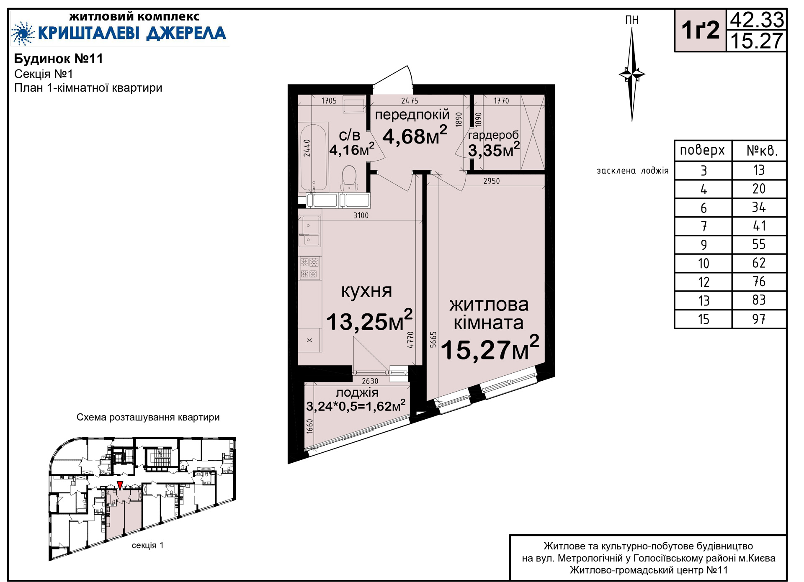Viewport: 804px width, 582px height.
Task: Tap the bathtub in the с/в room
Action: (314, 157)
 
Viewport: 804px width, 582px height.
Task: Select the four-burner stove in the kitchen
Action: (310, 268)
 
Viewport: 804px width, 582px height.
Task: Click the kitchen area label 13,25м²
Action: (369, 320)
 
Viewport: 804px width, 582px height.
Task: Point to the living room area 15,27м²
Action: (490, 349)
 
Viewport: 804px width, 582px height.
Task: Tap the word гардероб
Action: (493, 135)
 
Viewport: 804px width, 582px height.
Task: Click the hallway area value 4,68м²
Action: (415, 135)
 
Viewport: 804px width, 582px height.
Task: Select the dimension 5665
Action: (433, 339)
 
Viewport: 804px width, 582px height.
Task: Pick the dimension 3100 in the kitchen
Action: (361, 215)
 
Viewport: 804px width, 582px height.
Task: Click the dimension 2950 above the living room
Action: (492, 181)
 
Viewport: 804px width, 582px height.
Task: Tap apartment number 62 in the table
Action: (759, 263)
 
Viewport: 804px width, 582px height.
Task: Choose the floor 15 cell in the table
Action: (703, 319)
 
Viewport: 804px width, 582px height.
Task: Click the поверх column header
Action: (702, 150)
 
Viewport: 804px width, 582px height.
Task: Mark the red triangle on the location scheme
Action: (120, 485)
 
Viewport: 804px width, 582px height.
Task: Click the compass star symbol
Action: (632, 74)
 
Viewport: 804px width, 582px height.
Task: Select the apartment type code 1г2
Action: (700, 31)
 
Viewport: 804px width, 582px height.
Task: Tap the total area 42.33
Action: (757, 20)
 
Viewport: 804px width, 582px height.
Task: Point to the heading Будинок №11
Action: (59, 59)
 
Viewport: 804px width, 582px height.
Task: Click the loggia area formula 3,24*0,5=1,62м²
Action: (356, 406)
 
